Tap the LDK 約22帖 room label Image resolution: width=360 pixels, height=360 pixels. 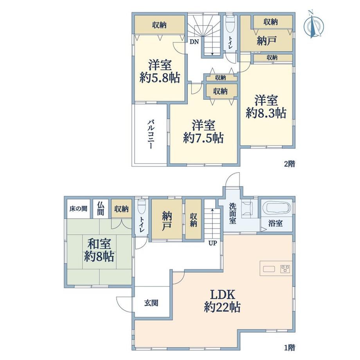[x=222, y=301]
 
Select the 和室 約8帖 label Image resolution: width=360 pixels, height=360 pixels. [x=99, y=250]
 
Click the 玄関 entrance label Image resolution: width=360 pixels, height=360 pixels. [x=151, y=303]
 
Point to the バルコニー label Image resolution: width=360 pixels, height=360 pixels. [x=150, y=134]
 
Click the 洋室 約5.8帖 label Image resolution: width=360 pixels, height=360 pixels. [x=160, y=71]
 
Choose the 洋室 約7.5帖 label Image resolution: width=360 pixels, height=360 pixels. [x=203, y=131]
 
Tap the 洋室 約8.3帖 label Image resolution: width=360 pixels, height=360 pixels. [x=266, y=107]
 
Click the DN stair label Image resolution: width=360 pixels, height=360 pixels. [x=194, y=42]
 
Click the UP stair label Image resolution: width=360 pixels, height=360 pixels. [x=212, y=243]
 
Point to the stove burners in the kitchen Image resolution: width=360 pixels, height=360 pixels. [x=285, y=268]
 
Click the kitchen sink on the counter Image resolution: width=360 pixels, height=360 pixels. [x=269, y=268]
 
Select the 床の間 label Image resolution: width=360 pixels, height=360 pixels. [x=78, y=209]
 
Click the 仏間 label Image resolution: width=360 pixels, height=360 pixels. [x=100, y=209]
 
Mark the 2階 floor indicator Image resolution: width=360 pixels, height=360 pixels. [x=289, y=164]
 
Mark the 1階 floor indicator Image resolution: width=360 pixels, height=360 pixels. [x=289, y=347]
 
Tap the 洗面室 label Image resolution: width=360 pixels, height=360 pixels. [x=232, y=213]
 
